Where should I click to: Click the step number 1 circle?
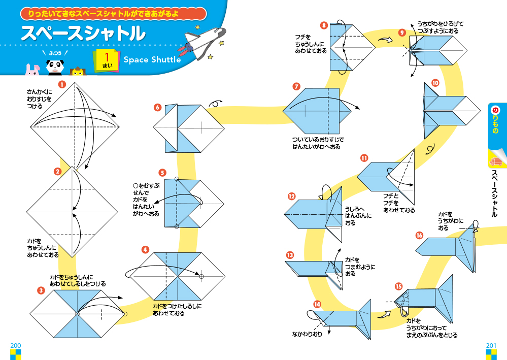[62, 85]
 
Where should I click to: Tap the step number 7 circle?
[297, 86]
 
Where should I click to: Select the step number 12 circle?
[291, 197]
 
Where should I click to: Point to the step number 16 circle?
[419, 235]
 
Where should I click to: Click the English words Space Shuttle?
[152, 60]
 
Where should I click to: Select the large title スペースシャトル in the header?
[83, 34]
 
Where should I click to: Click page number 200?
[15, 345]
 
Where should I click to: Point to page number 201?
[491, 345]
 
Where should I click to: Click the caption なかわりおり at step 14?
[307, 334]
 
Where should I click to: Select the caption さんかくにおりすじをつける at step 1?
[39, 99]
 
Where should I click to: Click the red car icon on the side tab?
[495, 161]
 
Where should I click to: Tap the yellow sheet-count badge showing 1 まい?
[107, 59]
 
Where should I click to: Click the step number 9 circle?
[402, 32]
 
